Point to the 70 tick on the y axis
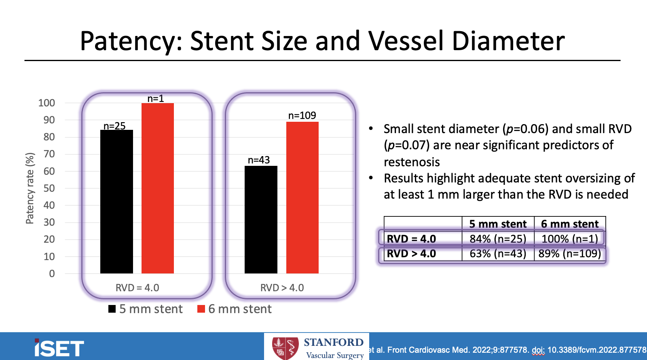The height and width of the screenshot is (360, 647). pos(49,154)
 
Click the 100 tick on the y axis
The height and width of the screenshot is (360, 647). pos(47,103)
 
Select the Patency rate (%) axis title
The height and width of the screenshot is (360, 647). pos(30,188)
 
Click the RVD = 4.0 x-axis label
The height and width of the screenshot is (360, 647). pos(137,288)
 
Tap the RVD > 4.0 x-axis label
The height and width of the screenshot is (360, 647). pos(282,288)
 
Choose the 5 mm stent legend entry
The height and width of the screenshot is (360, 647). pos(146,309)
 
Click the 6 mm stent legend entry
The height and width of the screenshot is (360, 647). pos(235,309)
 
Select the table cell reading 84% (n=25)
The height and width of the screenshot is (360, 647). pos(498,239)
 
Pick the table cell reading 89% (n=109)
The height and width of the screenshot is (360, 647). pos(569,254)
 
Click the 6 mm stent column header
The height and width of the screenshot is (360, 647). pos(569,224)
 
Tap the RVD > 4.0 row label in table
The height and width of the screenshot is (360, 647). pos(411,254)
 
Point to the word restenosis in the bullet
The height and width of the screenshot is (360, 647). pos(412,162)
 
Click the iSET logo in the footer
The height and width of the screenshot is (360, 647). pos(59,348)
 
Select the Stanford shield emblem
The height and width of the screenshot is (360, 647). pos(285,348)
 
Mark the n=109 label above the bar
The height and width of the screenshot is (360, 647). pos(302,115)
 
